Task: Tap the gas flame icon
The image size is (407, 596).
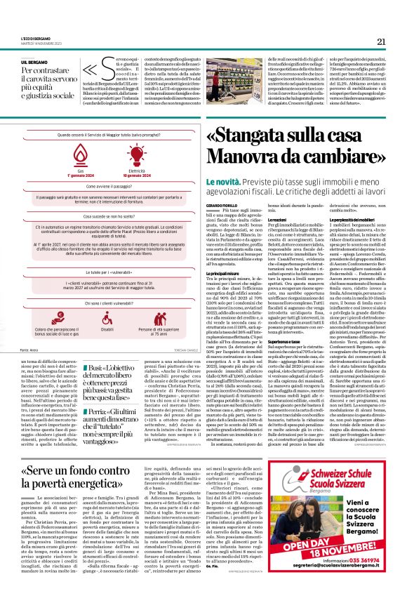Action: click(80, 156)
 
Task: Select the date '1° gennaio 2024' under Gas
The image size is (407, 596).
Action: click(80, 175)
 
